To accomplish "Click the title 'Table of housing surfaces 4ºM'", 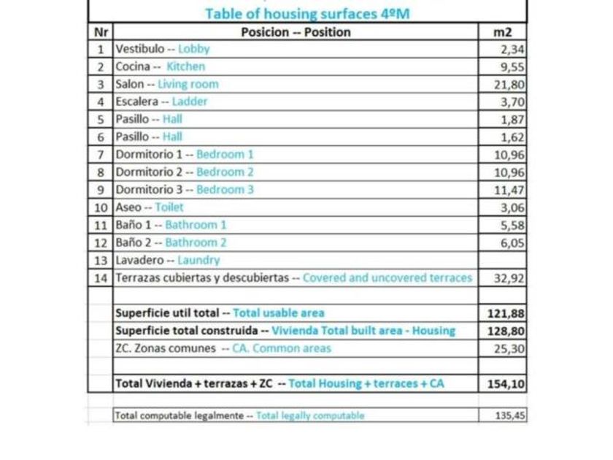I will click(x=306, y=13).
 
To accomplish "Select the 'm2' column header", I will click(x=503, y=32).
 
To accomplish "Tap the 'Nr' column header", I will click(x=100, y=32).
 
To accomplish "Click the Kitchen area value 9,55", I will click(x=512, y=66).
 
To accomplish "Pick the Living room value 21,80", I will click(x=509, y=84).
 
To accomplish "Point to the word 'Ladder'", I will click(x=190, y=101).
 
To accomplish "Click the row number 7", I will click(x=100, y=155).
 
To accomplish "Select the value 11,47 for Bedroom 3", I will click(x=509, y=190).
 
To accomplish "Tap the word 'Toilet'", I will click(x=169, y=207).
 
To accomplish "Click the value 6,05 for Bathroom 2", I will click(x=512, y=243).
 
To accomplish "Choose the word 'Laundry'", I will click(x=198, y=260).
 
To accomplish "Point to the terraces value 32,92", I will click(x=509, y=278).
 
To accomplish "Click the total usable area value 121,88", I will click(x=506, y=313).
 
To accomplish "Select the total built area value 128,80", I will click(x=506, y=331).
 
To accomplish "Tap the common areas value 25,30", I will click(x=509, y=349).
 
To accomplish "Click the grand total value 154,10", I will click(x=506, y=384).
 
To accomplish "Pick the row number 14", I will click(x=100, y=278).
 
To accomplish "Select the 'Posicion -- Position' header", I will click(x=296, y=32).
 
